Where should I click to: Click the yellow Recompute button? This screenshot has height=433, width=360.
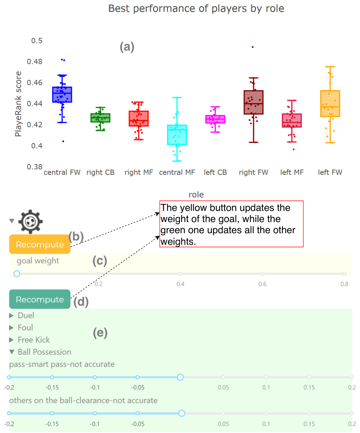coord(40,244)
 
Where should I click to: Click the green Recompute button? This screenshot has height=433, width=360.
coord(40,299)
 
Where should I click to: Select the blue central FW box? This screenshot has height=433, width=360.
coord(62,95)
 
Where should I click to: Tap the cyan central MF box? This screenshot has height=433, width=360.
coord(177,135)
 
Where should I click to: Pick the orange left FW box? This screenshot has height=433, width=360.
coord(330,104)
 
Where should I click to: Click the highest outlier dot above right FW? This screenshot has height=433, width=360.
coord(252,47)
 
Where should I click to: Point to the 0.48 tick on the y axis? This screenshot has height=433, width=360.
coord(35,61)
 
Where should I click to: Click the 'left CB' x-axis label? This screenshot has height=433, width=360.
coord(215,172)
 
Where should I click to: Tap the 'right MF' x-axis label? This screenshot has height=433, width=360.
coord(138,172)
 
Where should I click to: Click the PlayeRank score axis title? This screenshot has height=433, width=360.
coord(18,104)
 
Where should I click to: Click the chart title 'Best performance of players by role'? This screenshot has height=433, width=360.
coord(196,9)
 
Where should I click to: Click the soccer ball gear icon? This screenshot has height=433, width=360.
coord(30,222)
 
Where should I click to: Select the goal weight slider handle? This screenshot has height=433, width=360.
coord(17,274)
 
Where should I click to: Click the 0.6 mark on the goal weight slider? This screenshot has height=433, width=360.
coord(262,274)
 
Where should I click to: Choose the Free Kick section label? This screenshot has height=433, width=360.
coord(34,340)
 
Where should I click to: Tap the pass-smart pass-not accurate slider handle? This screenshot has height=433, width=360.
coord(180,377)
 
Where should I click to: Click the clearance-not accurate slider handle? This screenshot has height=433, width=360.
coord(182,413)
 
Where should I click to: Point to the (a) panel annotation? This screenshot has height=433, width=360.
coord(127,47)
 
